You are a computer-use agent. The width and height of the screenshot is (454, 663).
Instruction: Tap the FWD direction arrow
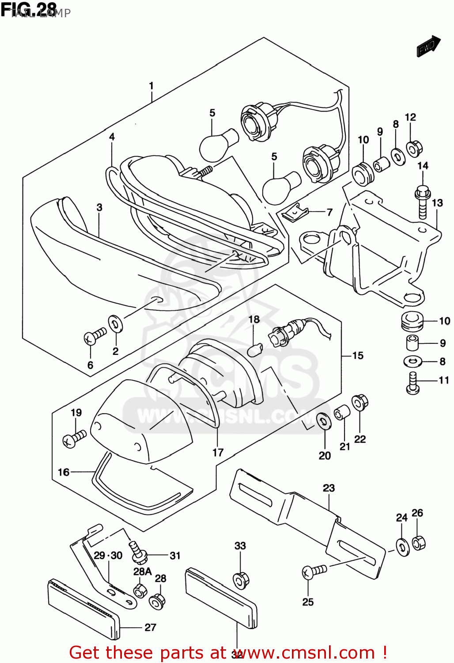tap(428, 46)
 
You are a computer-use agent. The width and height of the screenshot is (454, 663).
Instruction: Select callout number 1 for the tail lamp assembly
tap(151, 85)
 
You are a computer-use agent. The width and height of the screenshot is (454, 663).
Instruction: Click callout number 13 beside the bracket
tap(437, 203)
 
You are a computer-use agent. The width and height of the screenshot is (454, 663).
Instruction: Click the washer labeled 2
tap(115, 324)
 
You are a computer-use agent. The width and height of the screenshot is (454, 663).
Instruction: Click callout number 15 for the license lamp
tap(358, 355)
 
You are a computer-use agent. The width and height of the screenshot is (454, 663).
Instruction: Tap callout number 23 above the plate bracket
tap(329, 488)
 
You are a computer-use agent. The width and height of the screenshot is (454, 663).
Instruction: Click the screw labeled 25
tap(314, 572)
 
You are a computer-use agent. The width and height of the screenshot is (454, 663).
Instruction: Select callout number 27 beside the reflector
tap(150, 627)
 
